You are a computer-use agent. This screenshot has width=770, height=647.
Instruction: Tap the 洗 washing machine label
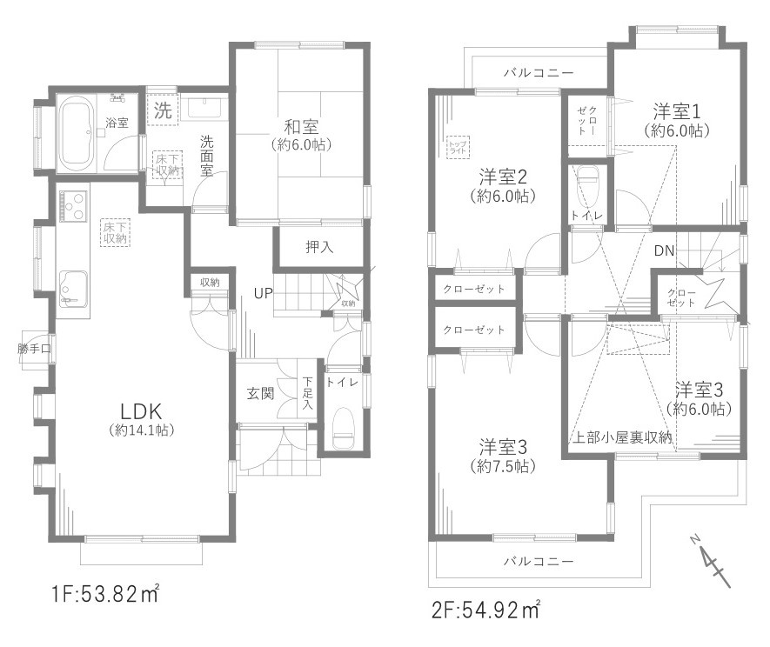tap(163, 111)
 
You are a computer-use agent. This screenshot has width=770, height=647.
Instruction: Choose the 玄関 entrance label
tap(260, 393)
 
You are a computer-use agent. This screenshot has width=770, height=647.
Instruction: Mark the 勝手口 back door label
tap(34, 350)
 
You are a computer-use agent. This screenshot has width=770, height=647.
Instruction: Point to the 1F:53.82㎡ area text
tap(104, 596)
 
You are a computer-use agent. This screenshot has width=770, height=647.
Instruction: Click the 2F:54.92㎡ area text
tap(485, 608)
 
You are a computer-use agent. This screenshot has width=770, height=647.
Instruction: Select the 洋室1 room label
tap(678, 112)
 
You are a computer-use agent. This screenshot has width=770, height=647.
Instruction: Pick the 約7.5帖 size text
tap(503, 467)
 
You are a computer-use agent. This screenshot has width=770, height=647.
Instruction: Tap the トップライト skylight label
tap(458, 146)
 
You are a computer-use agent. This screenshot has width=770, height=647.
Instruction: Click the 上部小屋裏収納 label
tap(622, 437)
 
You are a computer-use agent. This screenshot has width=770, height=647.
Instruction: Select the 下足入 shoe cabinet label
tap(308, 392)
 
